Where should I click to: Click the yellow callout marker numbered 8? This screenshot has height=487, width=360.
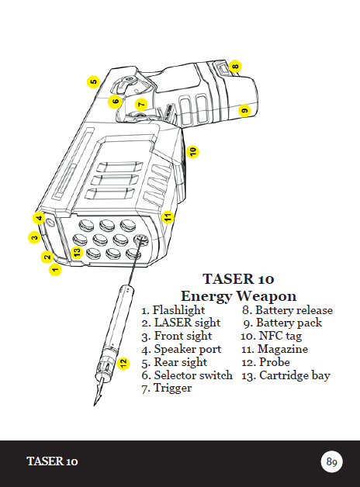[x=235, y=66]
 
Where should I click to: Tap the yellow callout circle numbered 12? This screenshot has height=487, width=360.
[x=123, y=363]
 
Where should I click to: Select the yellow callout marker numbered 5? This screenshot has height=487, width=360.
[x=93, y=81]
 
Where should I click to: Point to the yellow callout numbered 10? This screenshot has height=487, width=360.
[x=192, y=151]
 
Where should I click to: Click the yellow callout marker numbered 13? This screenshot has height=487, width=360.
[x=77, y=252]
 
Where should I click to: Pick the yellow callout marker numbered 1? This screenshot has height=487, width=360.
[x=55, y=269]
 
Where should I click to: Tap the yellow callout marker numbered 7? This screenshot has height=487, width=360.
[x=141, y=104]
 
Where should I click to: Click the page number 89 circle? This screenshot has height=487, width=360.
[x=331, y=461]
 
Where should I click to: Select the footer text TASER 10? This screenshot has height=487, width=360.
[x=52, y=461]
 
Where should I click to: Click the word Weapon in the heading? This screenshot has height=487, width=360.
[x=266, y=296]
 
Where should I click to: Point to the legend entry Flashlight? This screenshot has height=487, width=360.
[x=179, y=310]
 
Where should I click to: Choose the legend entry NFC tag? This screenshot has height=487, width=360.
[x=280, y=336]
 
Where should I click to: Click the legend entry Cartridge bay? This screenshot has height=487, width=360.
[x=295, y=376]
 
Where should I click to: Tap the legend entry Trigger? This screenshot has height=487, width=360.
[x=173, y=389]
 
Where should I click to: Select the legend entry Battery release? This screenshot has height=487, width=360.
[x=294, y=310]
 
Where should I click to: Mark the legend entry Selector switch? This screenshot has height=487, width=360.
[x=193, y=375]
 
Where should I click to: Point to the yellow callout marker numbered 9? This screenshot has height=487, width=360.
[x=244, y=110]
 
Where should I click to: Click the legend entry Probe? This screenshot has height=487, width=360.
[x=275, y=362]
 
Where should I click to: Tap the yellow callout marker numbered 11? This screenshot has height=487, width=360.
[x=168, y=217]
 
